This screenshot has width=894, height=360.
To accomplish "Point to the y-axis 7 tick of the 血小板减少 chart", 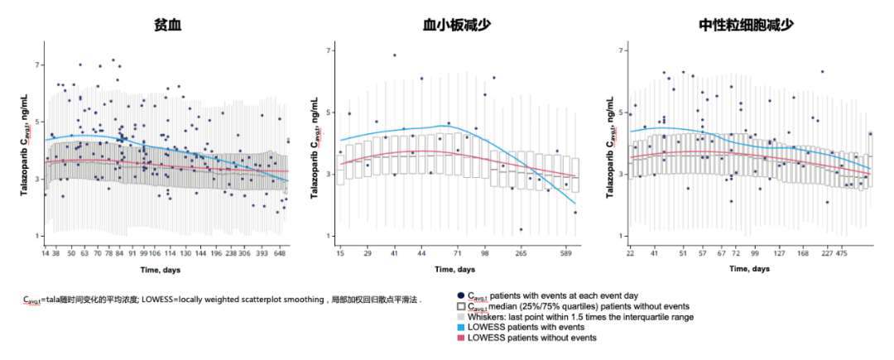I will [329, 50].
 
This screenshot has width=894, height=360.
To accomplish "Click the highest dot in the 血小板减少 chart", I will [394, 55].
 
